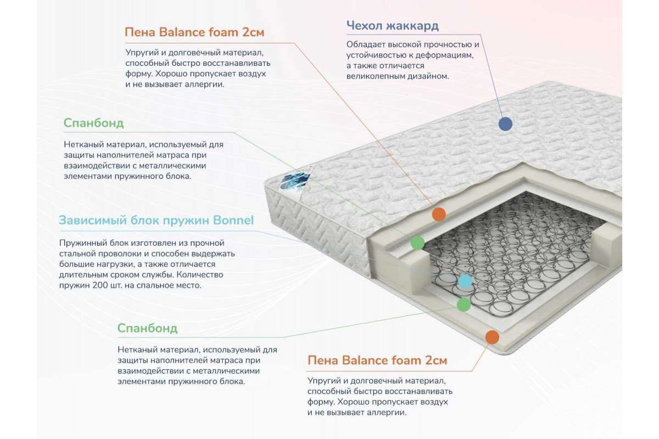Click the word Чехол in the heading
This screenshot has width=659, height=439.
click(x=364, y=26)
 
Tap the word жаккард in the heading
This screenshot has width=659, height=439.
click(x=412, y=26)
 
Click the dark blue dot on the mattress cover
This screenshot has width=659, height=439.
click(x=505, y=123)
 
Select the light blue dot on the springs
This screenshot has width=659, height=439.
click(x=466, y=281)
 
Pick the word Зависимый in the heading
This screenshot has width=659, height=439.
click(x=93, y=220)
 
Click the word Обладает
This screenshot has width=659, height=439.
click(x=366, y=44)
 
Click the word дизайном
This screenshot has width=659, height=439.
click(x=428, y=76)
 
